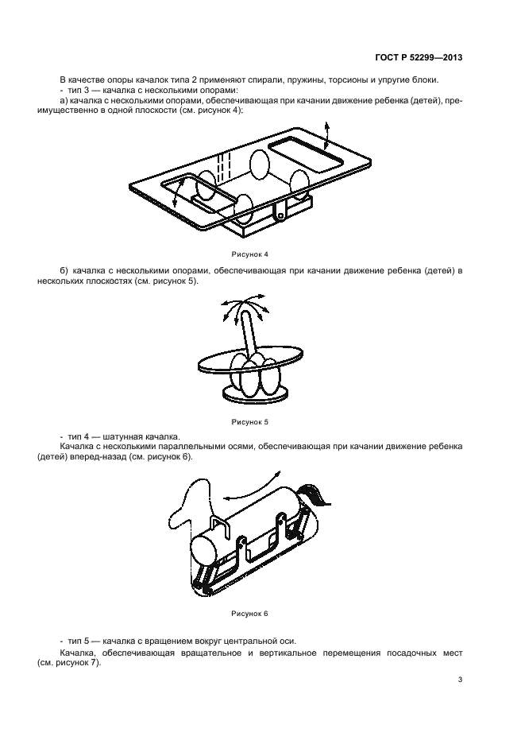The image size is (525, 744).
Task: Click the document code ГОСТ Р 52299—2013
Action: tap(419, 57)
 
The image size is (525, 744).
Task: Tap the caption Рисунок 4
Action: tap(250, 254)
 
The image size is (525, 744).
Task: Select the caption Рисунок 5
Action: tap(250, 422)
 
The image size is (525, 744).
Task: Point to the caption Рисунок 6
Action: tap(250, 614)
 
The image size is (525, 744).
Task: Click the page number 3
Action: tap(460, 680)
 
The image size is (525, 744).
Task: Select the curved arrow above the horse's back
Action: tap(251, 486)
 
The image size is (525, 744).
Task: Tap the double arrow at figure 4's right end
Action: tap(326, 136)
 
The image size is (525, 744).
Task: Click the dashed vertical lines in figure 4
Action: tap(225, 168)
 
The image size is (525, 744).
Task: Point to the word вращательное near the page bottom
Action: tap(210, 653)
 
